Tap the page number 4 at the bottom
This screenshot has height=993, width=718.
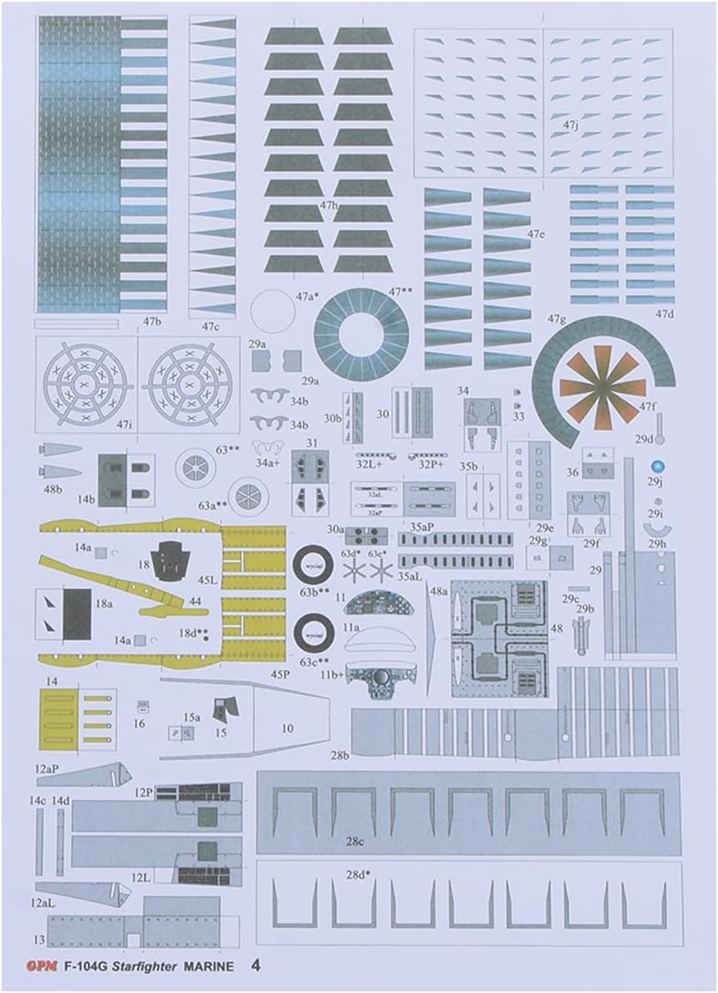point(256,965)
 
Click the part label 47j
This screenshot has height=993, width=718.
point(570,125)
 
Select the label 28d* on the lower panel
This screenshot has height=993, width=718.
point(358,875)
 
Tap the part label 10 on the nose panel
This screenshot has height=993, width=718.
point(287,729)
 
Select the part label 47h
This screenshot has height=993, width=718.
point(328,205)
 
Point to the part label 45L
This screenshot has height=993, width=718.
point(207,578)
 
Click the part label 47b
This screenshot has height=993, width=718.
point(151,321)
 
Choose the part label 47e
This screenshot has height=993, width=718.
point(536,234)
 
